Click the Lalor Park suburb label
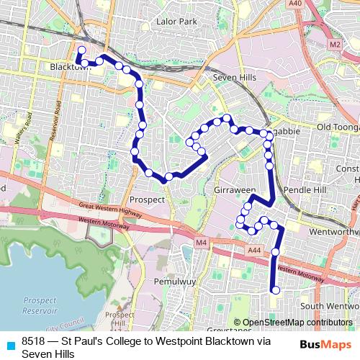(x=177, y=22)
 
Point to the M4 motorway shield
(x=201, y=243)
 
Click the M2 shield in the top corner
(x=334, y=45)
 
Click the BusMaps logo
(x=326, y=344)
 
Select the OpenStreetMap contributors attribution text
(x=297, y=323)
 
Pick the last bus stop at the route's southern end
(x=274, y=290)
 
